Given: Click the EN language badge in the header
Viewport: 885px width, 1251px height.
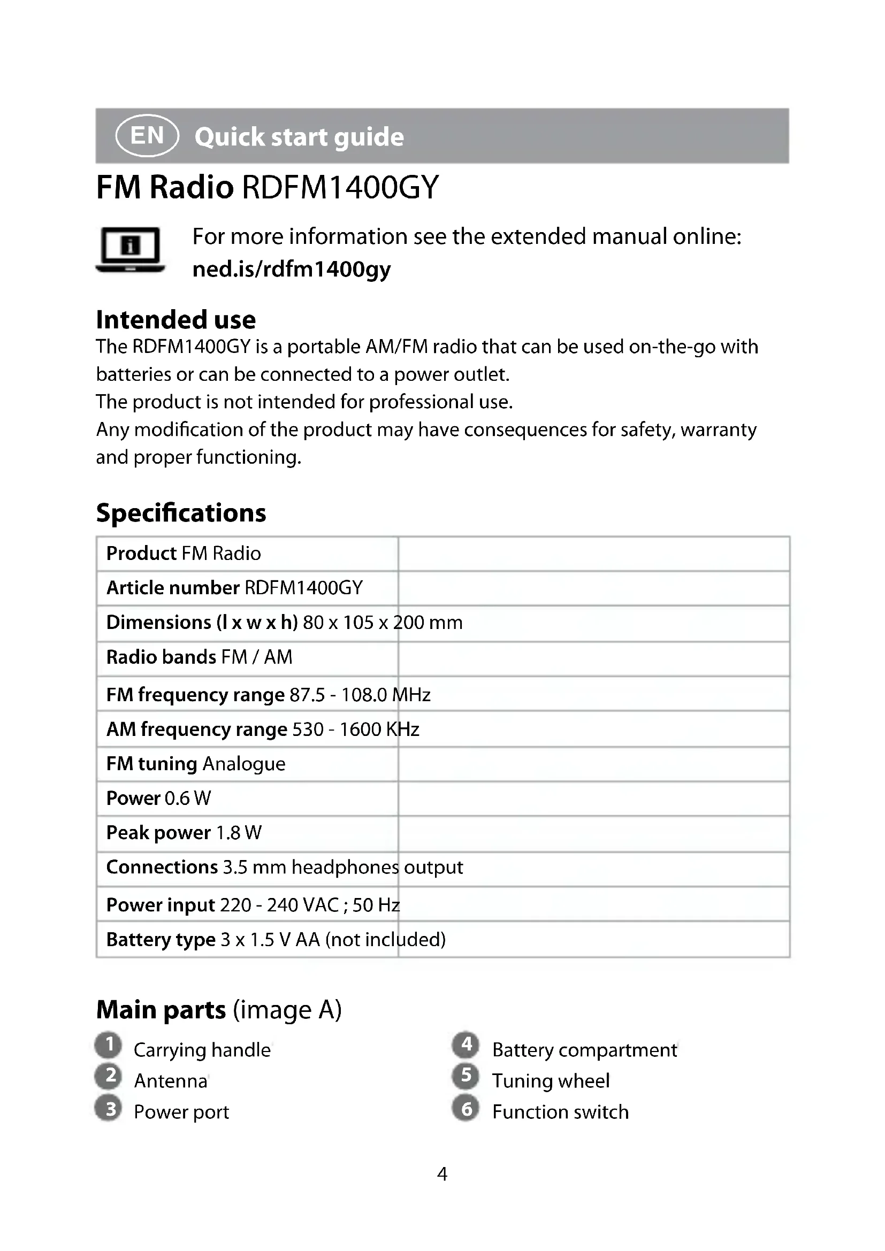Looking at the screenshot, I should click(x=147, y=135).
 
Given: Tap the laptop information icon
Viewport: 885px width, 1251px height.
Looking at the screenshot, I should click(x=130, y=250).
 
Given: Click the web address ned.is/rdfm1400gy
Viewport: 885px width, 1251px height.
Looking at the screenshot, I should click(x=292, y=269).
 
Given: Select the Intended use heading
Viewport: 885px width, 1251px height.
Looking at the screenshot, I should click(x=176, y=320).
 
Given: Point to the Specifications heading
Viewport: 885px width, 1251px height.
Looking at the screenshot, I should click(x=181, y=513).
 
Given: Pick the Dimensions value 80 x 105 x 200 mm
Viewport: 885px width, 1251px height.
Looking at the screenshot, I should click(x=383, y=622).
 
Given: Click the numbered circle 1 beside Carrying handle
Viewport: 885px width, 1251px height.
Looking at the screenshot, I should click(x=109, y=1045).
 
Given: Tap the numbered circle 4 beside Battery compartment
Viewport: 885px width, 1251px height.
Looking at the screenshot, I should click(x=466, y=1045).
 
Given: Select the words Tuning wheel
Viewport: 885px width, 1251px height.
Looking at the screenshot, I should click(x=551, y=1081).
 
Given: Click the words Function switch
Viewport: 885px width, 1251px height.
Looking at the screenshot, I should click(x=560, y=1112).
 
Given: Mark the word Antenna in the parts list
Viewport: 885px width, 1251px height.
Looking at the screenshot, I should click(x=171, y=1081).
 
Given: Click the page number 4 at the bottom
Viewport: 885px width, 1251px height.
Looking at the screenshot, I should click(x=442, y=1173).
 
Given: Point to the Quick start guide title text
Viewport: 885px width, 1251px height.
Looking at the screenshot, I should click(x=299, y=137).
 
